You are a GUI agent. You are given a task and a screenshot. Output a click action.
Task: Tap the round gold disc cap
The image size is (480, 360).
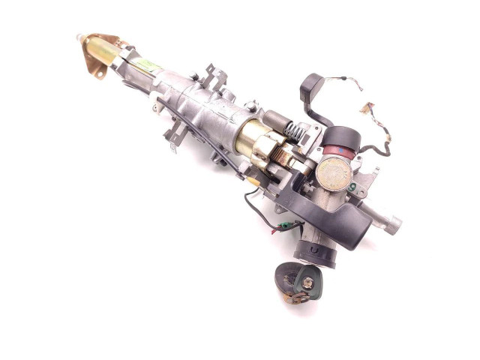point(334,173)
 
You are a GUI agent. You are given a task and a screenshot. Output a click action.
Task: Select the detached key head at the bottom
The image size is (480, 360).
point(297,281)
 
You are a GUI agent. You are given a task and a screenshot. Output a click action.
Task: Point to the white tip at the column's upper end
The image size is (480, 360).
point(79,36)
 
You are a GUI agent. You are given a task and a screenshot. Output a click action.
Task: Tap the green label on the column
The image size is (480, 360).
point(148,64)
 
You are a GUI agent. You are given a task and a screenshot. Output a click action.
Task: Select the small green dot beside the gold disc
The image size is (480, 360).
point(352,187)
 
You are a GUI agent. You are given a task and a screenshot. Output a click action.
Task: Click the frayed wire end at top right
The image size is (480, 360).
point(368,106)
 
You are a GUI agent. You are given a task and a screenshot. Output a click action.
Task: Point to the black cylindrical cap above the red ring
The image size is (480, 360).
point(341,139)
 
